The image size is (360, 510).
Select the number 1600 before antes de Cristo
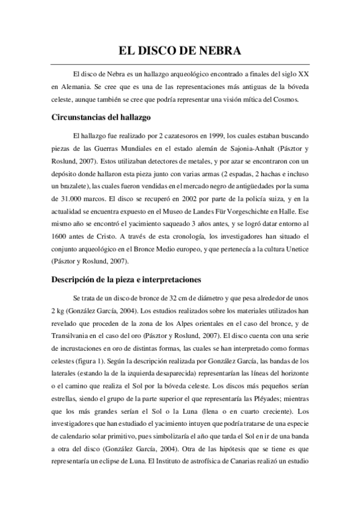coord(61,239)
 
